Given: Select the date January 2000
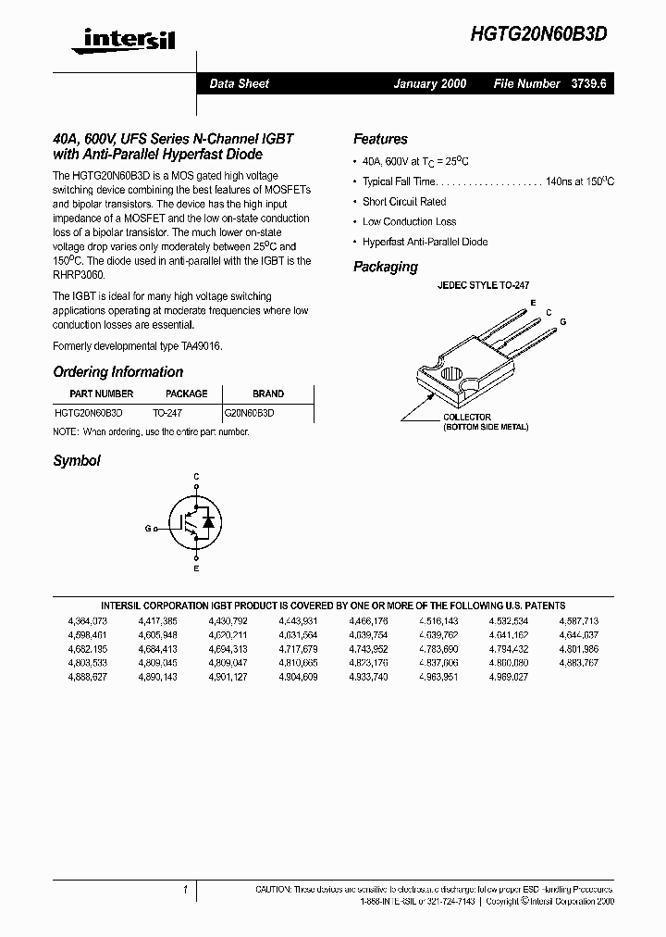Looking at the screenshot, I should [x=429, y=83].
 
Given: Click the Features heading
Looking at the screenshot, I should [x=380, y=139].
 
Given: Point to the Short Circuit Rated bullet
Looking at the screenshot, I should [x=404, y=202].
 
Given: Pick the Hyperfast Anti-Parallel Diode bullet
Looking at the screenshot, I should [x=425, y=242].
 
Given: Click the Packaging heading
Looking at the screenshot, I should [x=385, y=267].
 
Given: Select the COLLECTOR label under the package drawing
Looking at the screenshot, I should [x=467, y=418].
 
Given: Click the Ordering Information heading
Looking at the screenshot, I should [x=117, y=372].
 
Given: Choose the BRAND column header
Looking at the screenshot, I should [x=267, y=394].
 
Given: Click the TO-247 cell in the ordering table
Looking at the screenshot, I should [x=167, y=412].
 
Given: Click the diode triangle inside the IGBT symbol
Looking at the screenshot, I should [x=208, y=523].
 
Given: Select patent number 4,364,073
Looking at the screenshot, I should [x=88, y=620].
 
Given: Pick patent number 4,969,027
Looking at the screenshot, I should [x=509, y=677].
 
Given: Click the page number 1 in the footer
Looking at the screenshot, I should [x=186, y=890].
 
